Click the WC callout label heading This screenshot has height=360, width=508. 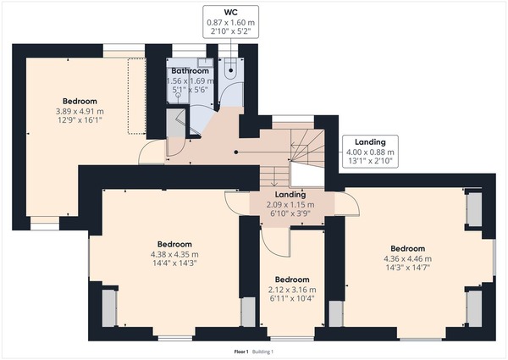point(230,13)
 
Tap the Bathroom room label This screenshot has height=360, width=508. point(190,70)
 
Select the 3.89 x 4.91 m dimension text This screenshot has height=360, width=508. point(80,112)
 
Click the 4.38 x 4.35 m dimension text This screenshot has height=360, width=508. point(174,255)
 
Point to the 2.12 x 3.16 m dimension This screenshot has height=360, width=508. point(292,290)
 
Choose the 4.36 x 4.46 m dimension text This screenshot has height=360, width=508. point(407,259)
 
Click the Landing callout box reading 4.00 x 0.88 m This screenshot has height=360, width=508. point(370,152)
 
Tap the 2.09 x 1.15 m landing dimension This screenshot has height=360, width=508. point(290,205)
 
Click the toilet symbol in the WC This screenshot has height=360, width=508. point(230,69)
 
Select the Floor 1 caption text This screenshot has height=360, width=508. point(241,352)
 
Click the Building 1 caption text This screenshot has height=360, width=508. point(262,352)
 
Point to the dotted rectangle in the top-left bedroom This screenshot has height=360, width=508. point(136,96)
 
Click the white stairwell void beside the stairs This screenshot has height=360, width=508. point(306,174)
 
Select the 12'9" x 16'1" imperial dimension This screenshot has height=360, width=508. point(80,120)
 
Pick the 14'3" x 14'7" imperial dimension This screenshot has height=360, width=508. point(407,268)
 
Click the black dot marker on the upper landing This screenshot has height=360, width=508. point(236,152)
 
